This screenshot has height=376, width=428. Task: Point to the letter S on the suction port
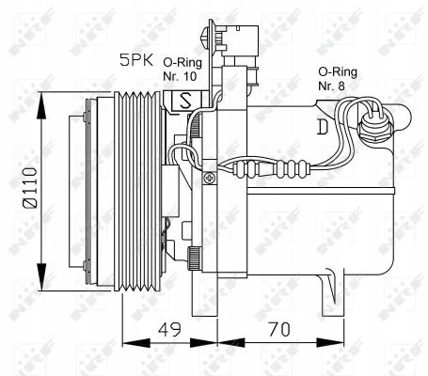(185, 99)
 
